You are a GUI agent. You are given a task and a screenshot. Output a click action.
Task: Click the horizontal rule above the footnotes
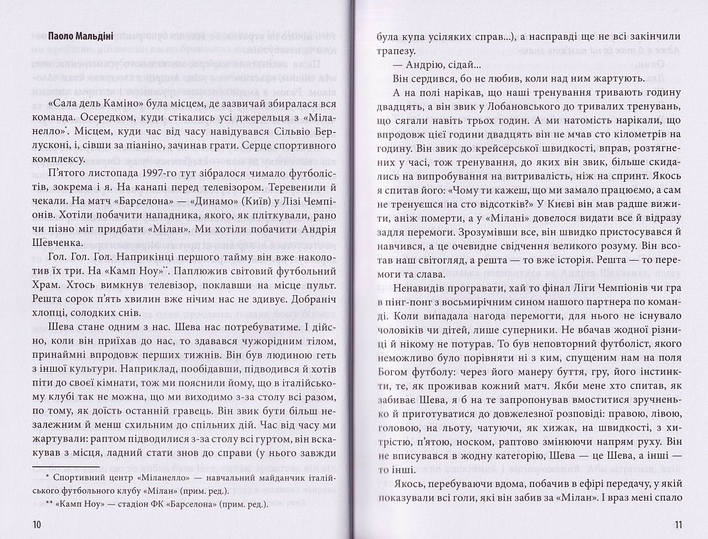[65, 464]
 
